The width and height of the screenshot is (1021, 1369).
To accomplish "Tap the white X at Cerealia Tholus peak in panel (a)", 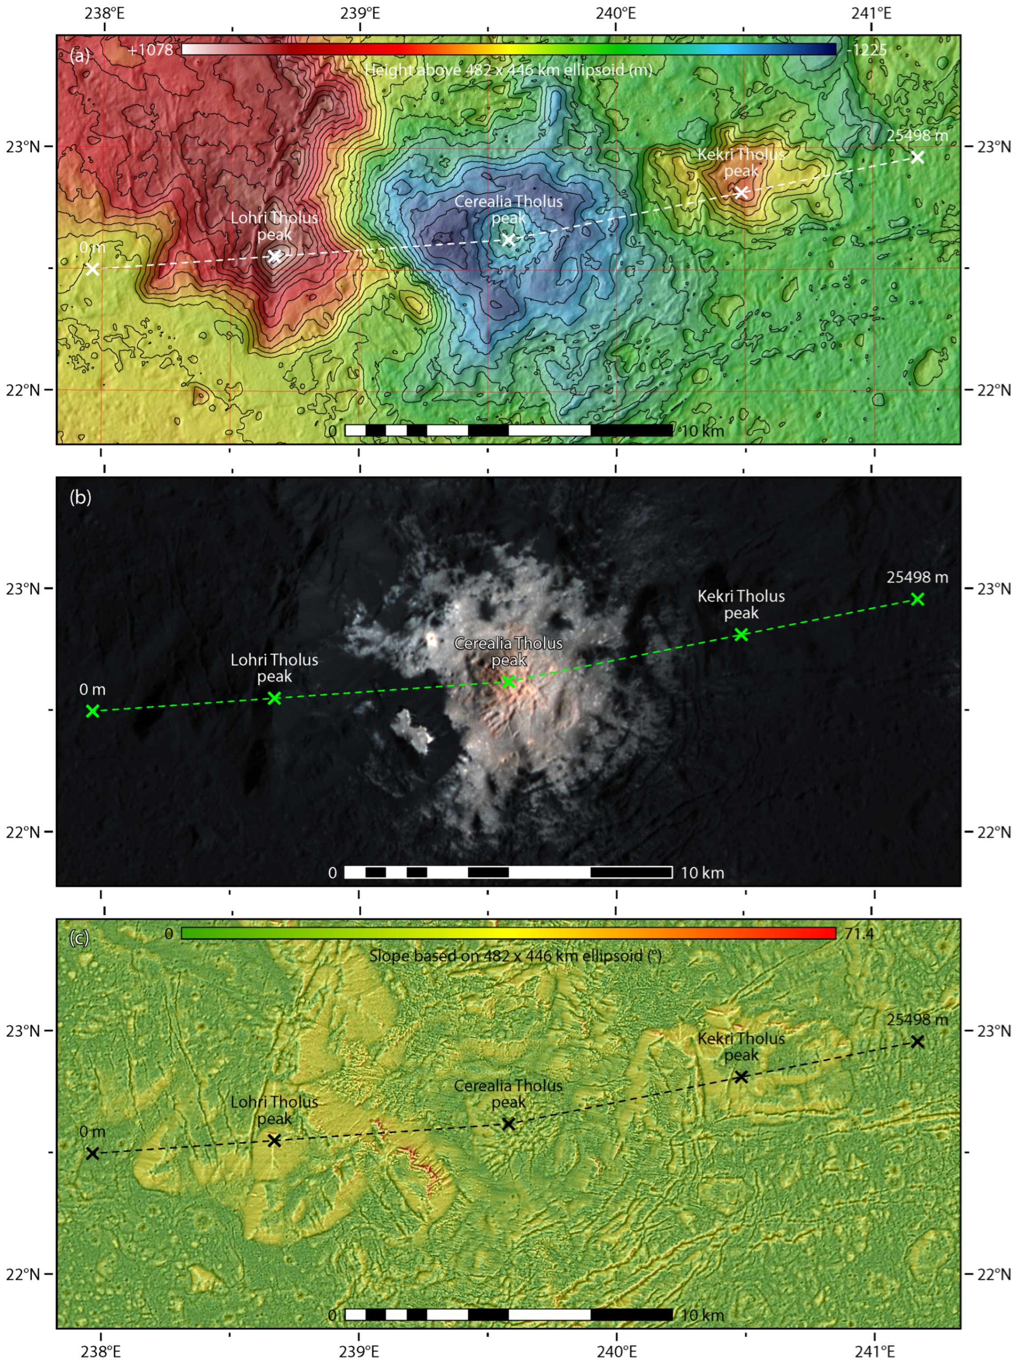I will pos(508,240).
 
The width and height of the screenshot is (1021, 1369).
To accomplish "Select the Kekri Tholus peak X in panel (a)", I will pos(741,192).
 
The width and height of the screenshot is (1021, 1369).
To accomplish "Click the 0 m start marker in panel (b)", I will pos(92,711).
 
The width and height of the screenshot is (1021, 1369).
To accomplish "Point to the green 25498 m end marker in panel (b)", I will pos(918,599).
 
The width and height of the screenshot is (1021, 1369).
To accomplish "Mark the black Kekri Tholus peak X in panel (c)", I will pos(741,1076).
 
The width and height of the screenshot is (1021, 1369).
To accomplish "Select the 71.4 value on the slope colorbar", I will pos(859,933).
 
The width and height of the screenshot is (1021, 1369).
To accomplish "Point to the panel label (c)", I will pos(80,938).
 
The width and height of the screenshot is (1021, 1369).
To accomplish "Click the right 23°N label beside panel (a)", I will pos(994,146).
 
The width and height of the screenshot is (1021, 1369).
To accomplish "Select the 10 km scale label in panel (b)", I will pos(702,873).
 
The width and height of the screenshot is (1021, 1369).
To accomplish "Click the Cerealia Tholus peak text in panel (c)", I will pos(508,1093).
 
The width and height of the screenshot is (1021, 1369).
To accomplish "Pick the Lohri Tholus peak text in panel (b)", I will pos(274,668).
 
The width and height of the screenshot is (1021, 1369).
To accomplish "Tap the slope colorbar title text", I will pos(515,956).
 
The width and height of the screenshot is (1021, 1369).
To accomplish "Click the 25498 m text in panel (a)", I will pos(917,135).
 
